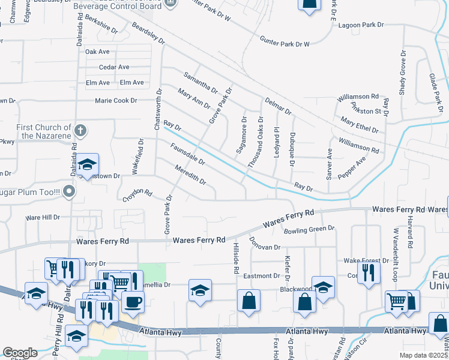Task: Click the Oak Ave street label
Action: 97,52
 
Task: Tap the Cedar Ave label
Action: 114,67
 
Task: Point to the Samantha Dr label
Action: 200,83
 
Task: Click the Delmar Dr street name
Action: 277,106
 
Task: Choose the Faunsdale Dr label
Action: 187,154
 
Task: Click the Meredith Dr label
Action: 190,175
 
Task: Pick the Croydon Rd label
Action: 137,194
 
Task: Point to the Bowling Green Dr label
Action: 309,229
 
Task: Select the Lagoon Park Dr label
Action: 360,25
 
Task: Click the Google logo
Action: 20,353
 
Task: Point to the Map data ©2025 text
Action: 424,355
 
